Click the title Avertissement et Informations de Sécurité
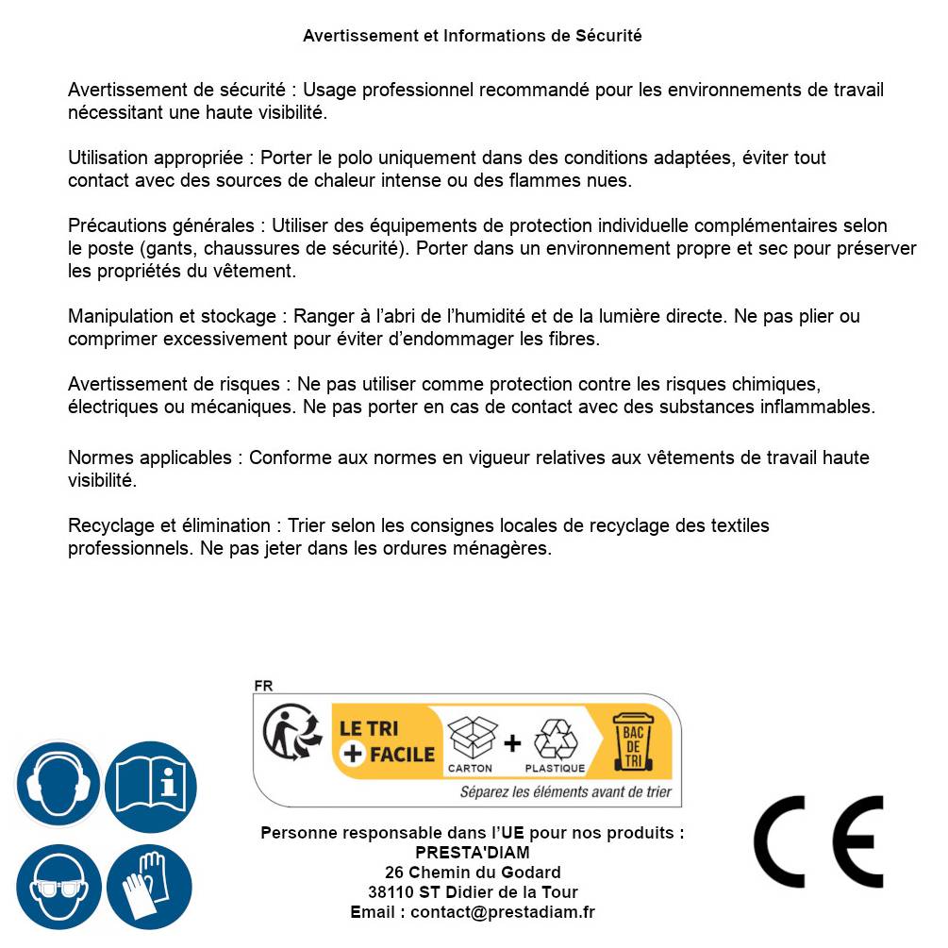[x=472, y=36]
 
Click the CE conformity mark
[x=818, y=841]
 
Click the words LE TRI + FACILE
[x=386, y=741]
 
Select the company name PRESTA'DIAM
[x=472, y=853]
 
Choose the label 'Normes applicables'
[x=149, y=457]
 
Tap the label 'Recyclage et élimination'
[x=170, y=525]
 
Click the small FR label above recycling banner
[x=263, y=687]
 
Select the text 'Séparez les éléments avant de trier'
[x=565, y=792]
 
